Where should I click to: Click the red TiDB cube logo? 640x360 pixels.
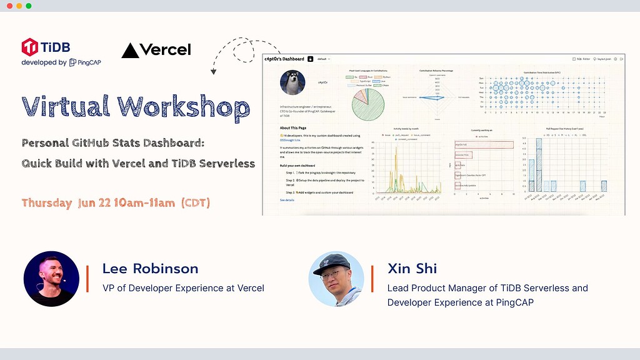[29, 47]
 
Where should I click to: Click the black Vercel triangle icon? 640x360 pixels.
[130, 51]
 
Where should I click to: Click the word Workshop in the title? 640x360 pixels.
[183, 106]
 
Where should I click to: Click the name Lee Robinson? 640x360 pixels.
[150, 269]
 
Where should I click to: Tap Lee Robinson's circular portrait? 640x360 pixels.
[51, 279]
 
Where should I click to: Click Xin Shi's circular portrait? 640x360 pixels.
[336, 279]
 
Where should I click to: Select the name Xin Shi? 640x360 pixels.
[412, 269]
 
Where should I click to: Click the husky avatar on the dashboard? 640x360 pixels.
[292, 82]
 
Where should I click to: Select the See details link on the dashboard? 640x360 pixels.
[287, 200]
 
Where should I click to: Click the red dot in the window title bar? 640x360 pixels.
[9, 6]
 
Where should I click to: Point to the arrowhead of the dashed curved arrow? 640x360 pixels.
[214, 72]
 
